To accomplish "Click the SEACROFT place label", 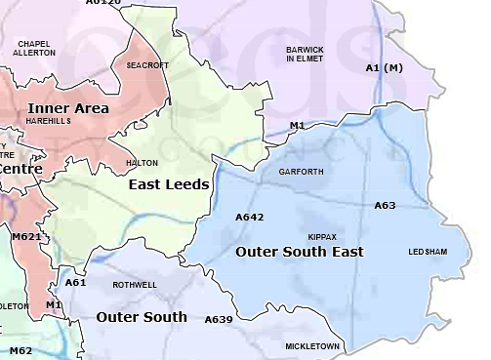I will click(147, 65).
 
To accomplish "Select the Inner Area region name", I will click(68, 108).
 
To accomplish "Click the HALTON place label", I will click(143, 163).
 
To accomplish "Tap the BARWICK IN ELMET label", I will click(304, 54).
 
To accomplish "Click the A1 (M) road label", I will click(384, 67).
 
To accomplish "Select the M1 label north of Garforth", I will click(298, 126).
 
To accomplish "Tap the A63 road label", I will click(385, 206).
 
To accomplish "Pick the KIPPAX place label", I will click(322, 237).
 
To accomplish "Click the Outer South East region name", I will click(300, 252).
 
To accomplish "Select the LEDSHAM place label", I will click(428, 252).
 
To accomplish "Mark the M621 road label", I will click(26, 236).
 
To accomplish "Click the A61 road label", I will click(75, 282).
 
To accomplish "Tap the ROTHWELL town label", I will click(134, 285).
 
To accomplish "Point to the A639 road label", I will click(219, 319).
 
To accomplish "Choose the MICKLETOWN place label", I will click(312, 346).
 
